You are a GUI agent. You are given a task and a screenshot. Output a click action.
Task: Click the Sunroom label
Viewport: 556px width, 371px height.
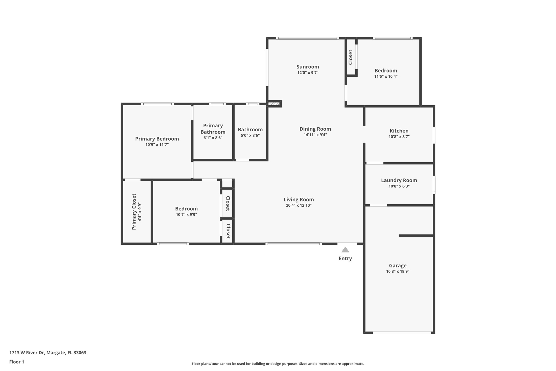[308, 67]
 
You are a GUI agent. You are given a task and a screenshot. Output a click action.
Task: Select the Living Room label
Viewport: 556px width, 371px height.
[299, 199]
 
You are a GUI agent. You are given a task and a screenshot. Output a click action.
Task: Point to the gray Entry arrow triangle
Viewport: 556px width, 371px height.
[345, 250]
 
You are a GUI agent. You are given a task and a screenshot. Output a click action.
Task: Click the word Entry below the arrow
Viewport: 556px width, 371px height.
[345, 259]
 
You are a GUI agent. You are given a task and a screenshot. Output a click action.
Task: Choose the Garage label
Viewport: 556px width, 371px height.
[398, 265]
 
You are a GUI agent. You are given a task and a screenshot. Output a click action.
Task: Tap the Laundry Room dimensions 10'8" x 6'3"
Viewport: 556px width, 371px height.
[399, 186]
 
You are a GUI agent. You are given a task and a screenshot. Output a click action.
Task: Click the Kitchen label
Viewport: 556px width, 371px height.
[399, 131]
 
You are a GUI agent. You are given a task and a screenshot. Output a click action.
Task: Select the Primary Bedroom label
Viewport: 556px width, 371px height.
[157, 139]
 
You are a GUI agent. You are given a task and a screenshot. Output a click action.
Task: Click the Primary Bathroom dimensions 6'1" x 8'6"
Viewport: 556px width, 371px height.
[213, 138]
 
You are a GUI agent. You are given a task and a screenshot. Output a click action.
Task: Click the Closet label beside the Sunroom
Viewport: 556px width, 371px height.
[350, 57]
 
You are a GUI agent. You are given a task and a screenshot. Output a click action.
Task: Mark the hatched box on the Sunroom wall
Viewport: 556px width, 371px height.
[274, 104]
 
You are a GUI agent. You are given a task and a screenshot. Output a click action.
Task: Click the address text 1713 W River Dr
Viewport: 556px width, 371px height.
[27, 353]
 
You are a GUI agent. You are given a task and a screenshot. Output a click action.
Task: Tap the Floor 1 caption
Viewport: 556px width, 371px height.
[17, 362]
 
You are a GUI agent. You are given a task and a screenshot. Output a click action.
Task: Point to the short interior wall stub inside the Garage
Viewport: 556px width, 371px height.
[416, 236]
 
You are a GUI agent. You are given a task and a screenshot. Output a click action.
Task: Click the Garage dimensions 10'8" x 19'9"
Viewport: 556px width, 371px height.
[398, 272]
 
